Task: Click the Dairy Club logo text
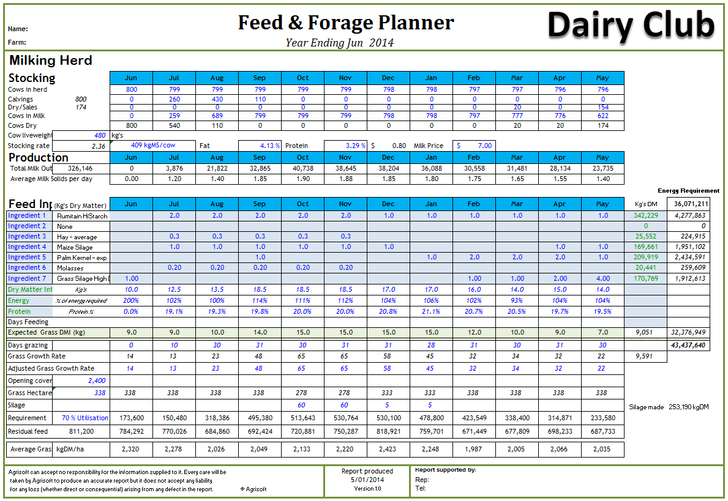point(631,26)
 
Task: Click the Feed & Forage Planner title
point(346,23)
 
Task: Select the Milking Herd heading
point(50,61)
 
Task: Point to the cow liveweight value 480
point(99,135)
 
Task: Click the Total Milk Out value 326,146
point(80,168)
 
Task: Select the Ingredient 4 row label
point(27,247)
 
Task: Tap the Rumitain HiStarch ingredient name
point(82,216)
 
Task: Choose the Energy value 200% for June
point(131,300)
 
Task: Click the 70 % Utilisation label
point(85,418)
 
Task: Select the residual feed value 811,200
point(81,431)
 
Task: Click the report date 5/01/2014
point(367,480)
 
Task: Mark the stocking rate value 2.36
point(98,146)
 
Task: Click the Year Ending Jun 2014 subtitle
point(339,42)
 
